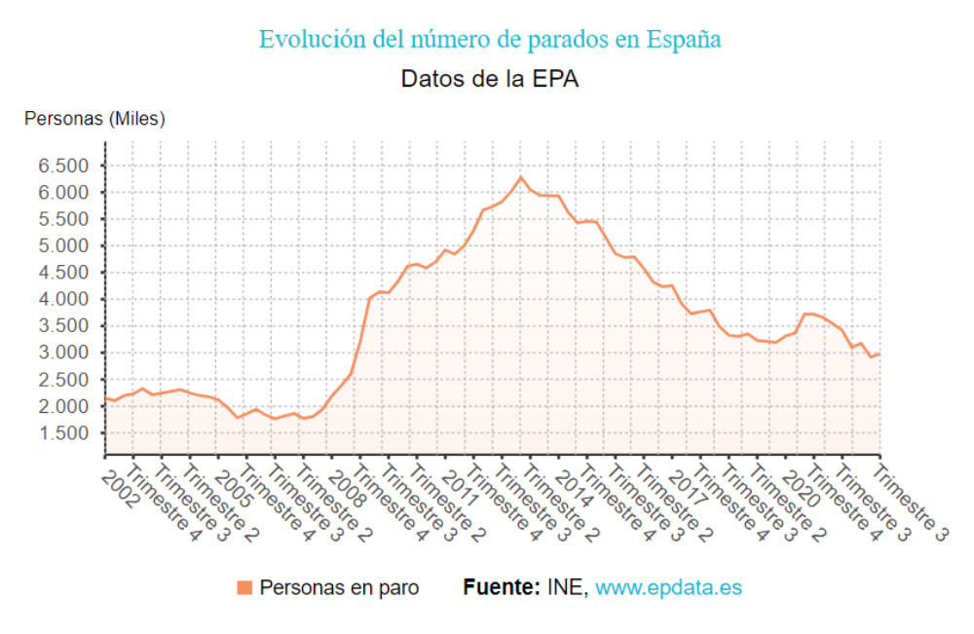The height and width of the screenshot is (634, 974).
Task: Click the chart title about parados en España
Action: [x=490, y=40]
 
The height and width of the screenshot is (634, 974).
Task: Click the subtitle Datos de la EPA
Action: [x=490, y=80]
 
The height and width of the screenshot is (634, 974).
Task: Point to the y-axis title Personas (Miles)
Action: [x=94, y=119]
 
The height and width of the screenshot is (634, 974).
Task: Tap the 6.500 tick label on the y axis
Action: [x=63, y=166]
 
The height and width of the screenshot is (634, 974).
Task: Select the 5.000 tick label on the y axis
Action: [x=63, y=245]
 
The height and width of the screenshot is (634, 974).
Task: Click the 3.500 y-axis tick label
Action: [x=63, y=326]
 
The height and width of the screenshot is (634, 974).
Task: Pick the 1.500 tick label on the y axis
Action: [x=63, y=433]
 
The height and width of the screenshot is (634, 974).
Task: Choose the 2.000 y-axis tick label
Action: [x=63, y=406]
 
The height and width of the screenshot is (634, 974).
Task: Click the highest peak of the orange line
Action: [x=520, y=177]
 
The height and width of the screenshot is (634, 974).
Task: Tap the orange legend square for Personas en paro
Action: [x=244, y=587]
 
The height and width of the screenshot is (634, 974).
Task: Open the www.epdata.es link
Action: [x=668, y=587]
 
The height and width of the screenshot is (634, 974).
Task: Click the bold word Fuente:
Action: [x=502, y=587]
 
